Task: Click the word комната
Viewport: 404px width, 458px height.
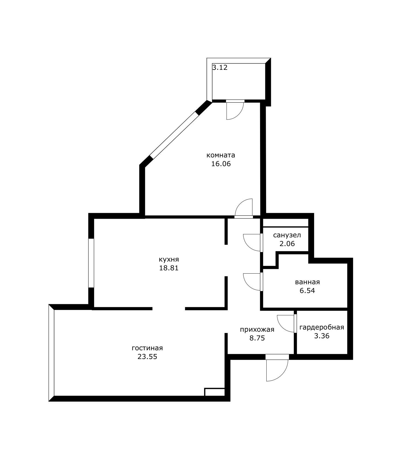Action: [221, 155]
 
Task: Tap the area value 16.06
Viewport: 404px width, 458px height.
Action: [221, 164]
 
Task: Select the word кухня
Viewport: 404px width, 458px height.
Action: [169, 259]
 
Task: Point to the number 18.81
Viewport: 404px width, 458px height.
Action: [169, 268]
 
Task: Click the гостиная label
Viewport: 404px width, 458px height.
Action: [147, 348]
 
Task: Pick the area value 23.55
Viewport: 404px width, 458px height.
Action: [147, 357]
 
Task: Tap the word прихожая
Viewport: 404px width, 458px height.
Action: [257, 330]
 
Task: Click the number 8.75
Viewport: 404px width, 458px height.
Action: [257, 338]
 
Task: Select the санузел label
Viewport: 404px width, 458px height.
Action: [287, 235]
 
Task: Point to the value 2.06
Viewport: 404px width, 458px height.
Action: [287, 243]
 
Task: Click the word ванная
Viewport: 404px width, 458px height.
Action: [307, 282]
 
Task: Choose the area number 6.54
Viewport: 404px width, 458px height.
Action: [307, 291]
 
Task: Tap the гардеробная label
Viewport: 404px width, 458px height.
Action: [322, 327]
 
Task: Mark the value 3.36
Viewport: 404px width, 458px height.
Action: [322, 336]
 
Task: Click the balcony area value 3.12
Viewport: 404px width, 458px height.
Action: [220, 67]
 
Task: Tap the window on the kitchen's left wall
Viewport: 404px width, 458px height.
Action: [91, 263]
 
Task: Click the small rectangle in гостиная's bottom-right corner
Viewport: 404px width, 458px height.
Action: [215, 392]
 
